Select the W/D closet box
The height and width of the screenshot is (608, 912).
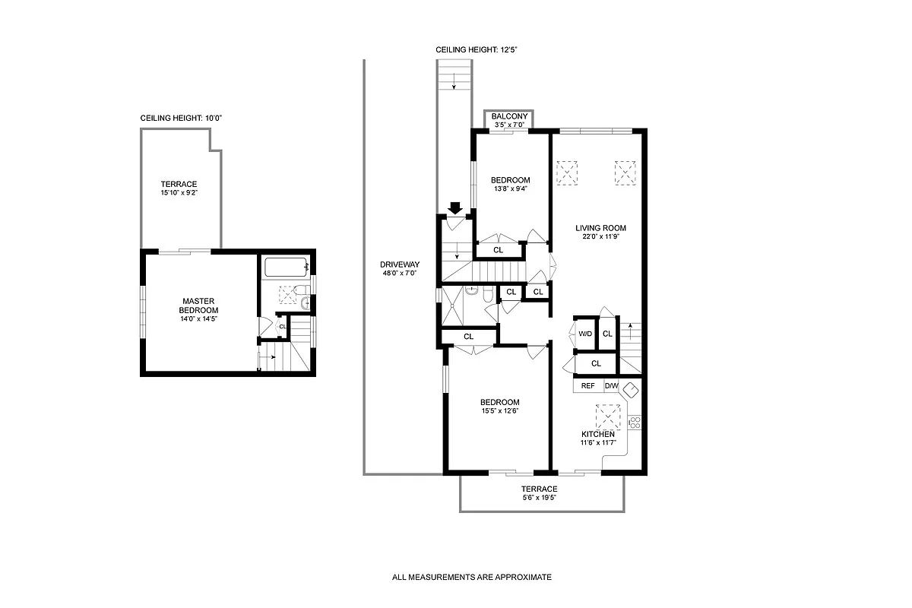coord(585,334)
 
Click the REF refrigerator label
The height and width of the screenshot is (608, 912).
coord(587,386)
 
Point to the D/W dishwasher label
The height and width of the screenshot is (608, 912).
coord(611,386)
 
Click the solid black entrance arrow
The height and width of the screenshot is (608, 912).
coord(456,207)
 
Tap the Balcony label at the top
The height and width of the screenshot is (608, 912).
coord(509,116)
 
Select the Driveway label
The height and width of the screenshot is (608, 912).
coord(400,264)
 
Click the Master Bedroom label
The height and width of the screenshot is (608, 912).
coord(198,306)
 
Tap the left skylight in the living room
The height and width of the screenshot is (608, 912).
coord(567,173)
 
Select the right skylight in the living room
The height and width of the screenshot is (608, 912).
coord(625,173)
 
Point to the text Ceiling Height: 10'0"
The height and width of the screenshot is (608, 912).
coord(181,119)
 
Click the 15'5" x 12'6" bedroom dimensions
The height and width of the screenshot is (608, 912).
coord(499,411)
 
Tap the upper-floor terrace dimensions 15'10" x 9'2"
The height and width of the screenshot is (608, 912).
coord(179,193)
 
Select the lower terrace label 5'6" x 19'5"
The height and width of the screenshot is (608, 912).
coord(539,498)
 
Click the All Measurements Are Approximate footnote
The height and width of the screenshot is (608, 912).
coord(472,578)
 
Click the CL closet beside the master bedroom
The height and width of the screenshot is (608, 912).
coord(282,327)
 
